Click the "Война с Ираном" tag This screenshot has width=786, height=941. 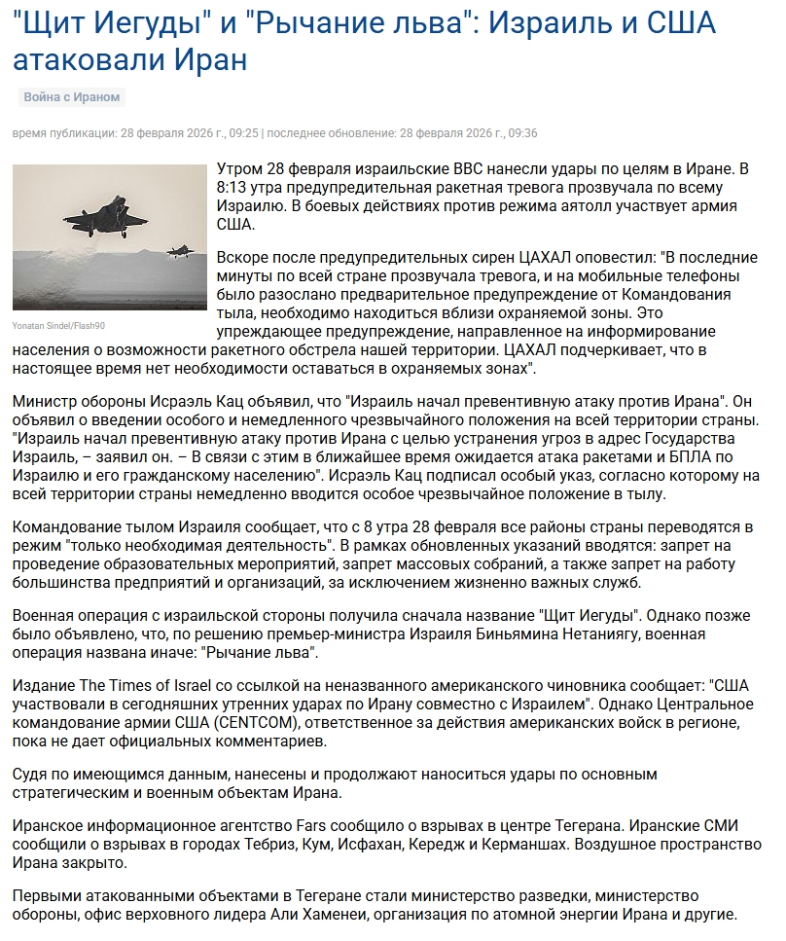pos(72,97)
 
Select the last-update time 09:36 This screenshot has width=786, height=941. pos(521,133)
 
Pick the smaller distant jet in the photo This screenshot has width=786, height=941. pos(179,250)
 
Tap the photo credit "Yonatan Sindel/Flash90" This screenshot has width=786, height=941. pos(58,325)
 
